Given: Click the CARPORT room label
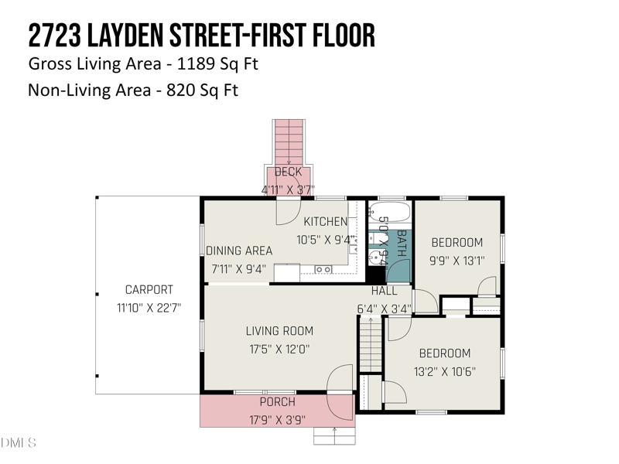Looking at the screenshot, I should coord(149,289).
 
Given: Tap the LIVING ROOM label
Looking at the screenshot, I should coord(279,331).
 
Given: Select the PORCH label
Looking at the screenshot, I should coord(277,401).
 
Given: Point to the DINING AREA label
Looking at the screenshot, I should coord(239,251).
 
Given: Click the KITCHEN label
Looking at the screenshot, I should coord(325,222).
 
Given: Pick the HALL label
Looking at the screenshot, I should coord(384,291).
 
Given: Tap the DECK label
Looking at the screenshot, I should coord(288,172).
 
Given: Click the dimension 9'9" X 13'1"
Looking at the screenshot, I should coord(457,261).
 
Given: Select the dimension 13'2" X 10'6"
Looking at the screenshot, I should coord(444,371).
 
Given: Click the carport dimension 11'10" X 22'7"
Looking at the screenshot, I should coord(149,308).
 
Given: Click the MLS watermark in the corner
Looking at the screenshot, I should coord(18,442).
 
